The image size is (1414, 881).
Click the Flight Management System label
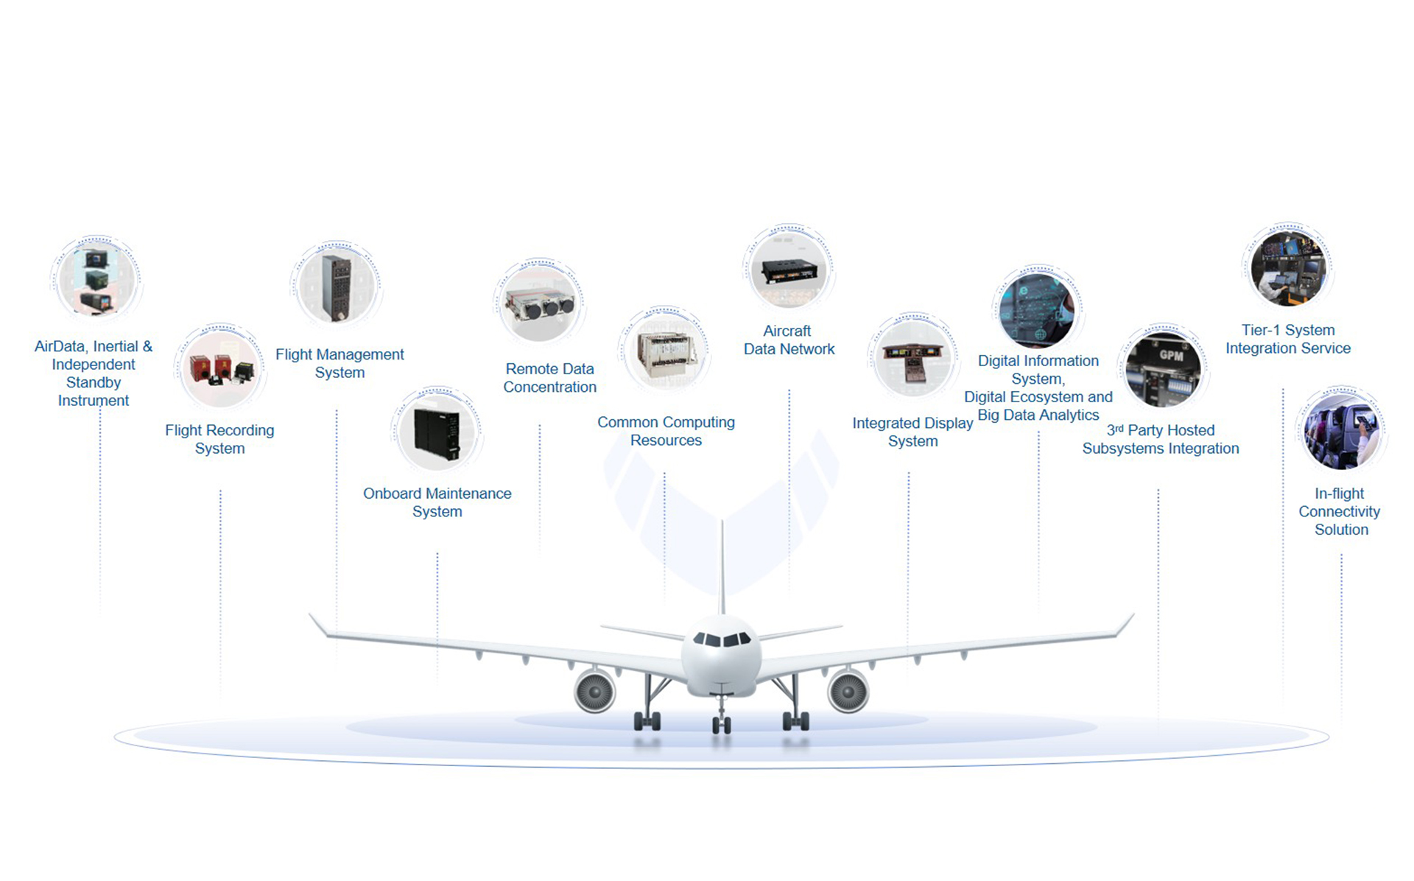point(340,363)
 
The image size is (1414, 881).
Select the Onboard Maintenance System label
point(437,502)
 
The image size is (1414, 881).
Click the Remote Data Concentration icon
point(539,302)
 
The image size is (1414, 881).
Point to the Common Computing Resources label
point(666,431)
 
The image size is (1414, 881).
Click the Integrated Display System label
point(912,432)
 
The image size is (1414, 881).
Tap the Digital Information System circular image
point(1037,309)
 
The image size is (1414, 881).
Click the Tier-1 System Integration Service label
point(1287,339)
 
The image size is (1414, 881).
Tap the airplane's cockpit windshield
point(722,639)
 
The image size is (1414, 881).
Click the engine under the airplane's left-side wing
point(594,691)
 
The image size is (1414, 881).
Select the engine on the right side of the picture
point(848,691)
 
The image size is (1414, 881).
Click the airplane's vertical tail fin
point(722,567)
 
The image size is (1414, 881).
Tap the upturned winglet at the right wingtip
point(1125,625)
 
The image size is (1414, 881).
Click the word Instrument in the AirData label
point(94,401)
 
